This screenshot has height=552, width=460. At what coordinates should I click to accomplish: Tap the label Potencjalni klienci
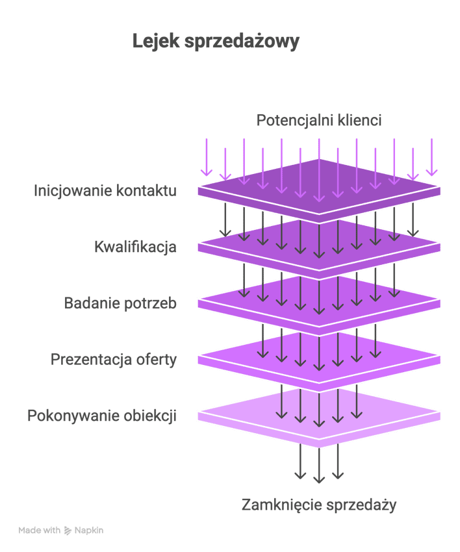pos(318,120)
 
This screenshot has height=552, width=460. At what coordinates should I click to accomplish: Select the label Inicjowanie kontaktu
pos(105,191)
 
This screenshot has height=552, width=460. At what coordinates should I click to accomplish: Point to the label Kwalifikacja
pos(135,247)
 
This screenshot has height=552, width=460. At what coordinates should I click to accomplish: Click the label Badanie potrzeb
pos(120,303)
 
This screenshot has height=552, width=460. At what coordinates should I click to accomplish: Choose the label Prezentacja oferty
pos(114,359)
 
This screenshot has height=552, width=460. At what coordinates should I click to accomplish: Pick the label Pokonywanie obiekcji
pos(102,416)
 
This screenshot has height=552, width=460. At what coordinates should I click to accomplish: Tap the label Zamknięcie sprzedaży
pos(318,505)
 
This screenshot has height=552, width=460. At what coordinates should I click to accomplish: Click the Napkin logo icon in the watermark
pos(68,531)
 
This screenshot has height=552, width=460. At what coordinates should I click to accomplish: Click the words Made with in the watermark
pos(40,531)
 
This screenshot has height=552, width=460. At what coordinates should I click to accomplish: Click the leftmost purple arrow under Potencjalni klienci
pos(207,157)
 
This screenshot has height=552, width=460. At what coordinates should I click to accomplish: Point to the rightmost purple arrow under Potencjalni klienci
pos(431,157)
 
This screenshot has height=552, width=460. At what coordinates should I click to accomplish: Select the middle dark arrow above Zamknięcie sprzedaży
pos(318,464)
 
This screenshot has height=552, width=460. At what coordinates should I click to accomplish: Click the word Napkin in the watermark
pos(88,531)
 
